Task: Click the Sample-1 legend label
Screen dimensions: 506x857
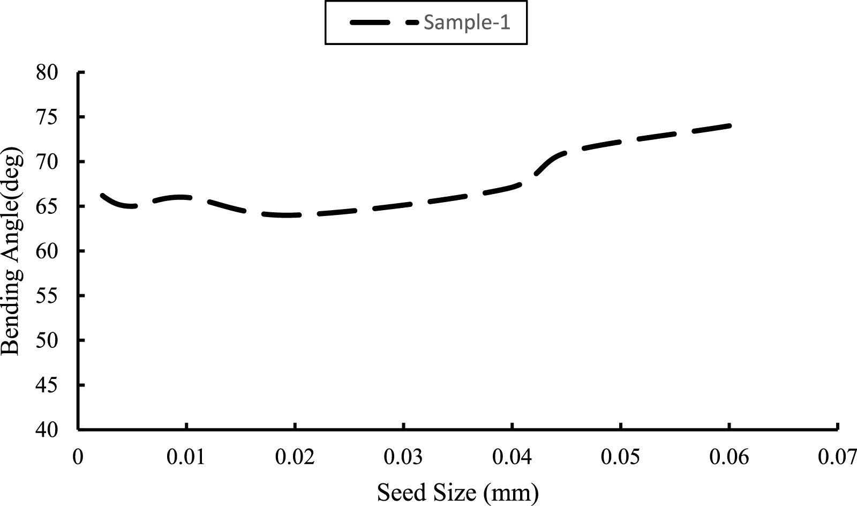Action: [x=467, y=23]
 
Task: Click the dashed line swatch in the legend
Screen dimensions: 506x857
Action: [x=384, y=23]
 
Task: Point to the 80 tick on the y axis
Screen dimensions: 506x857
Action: [x=47, y=72]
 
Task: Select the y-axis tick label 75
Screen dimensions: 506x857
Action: [x=47, y=117]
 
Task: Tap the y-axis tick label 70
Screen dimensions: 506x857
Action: [x=47, y=162]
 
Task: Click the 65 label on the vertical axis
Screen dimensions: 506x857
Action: [x=47, y=206]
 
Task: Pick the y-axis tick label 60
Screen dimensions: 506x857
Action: [x=47, y=251]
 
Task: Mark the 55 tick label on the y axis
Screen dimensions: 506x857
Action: [x=47, y=296]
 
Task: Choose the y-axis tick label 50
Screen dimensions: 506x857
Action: [x=47, y=340]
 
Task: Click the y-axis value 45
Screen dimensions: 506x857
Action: [x=47, y=385]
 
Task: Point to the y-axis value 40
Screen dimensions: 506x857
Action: [x=47, y=430]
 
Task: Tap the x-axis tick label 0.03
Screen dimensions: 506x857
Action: [x=404, y=457]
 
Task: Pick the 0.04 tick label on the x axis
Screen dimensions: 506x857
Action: [x=513, y=457]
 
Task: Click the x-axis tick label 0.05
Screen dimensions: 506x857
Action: [x=621, y=457]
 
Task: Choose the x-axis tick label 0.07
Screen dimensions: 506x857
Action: [x=837, y=457]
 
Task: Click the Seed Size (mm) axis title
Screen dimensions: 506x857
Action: [x=458, y=492]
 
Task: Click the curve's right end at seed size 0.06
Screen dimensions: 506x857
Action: [x=729, y=125]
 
